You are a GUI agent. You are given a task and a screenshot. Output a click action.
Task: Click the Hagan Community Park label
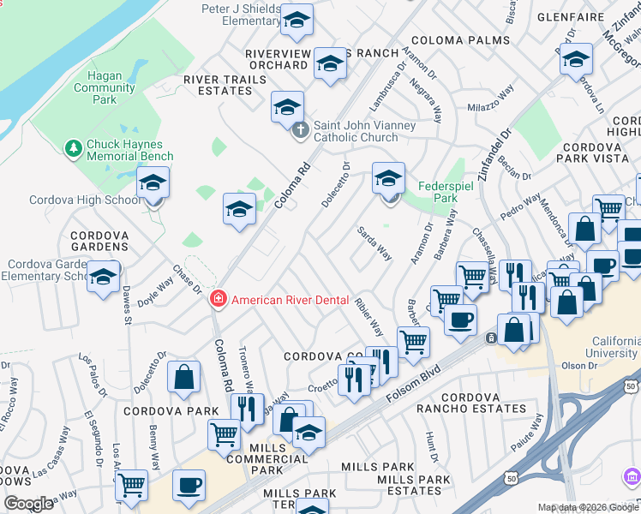tap(105, 87)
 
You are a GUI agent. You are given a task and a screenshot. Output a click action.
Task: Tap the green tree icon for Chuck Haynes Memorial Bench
tap(74, 150)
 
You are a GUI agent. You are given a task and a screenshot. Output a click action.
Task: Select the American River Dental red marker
tap(219, 299)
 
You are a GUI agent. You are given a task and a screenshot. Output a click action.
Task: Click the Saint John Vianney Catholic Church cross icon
tap(300, 131)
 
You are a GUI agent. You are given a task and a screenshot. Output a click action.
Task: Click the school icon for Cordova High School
tap(154, 185)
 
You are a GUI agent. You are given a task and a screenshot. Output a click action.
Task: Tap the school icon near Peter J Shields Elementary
tap(297, 21)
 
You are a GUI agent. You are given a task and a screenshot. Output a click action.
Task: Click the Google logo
tap(29, 504)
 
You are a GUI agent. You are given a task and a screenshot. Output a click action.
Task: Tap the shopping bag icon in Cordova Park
tap(184, 378)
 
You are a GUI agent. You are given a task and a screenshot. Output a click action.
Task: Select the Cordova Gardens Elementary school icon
tap(103, 278)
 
